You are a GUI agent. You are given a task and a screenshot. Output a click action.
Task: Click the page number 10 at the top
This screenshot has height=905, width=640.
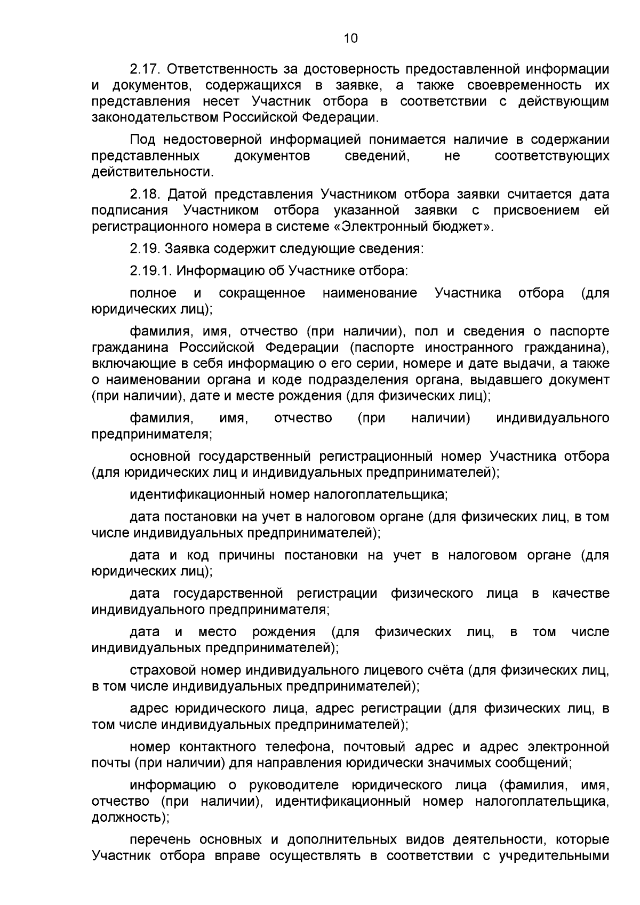(350, 38)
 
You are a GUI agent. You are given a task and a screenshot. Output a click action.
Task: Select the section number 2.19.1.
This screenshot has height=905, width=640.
(151, 271)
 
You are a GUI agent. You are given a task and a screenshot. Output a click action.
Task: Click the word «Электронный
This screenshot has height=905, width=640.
(388, 227)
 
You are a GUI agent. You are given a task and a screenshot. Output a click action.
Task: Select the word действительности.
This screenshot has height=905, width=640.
(152, 172)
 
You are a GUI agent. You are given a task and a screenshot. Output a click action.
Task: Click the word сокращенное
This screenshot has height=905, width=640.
(262, 293)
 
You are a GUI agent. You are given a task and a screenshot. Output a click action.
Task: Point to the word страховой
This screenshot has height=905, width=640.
(164, 670)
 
